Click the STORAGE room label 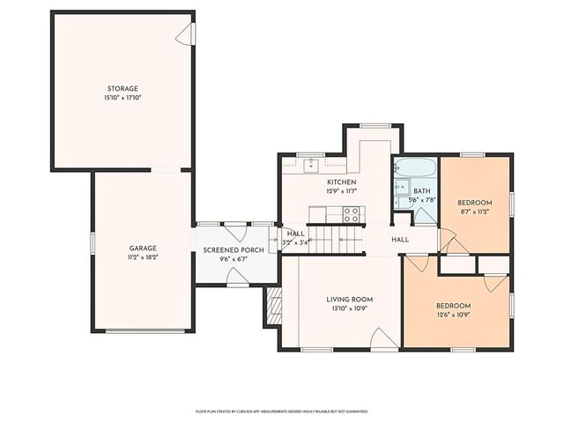pos(122,89)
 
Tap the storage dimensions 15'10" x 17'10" pos(122,97)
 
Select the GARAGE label pos(142,249)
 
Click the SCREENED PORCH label pos(234,251)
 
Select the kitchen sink pos(311,164)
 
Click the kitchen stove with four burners pos(352,211)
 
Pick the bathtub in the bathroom pos(414,168)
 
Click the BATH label pos(422,191)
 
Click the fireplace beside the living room pos(272,308)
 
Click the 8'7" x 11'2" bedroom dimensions pos(474,212)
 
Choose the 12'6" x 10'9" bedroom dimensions pos(454,315)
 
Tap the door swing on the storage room pos(185,34)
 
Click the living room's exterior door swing pos(383,339)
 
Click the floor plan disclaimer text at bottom pos(281,411)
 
